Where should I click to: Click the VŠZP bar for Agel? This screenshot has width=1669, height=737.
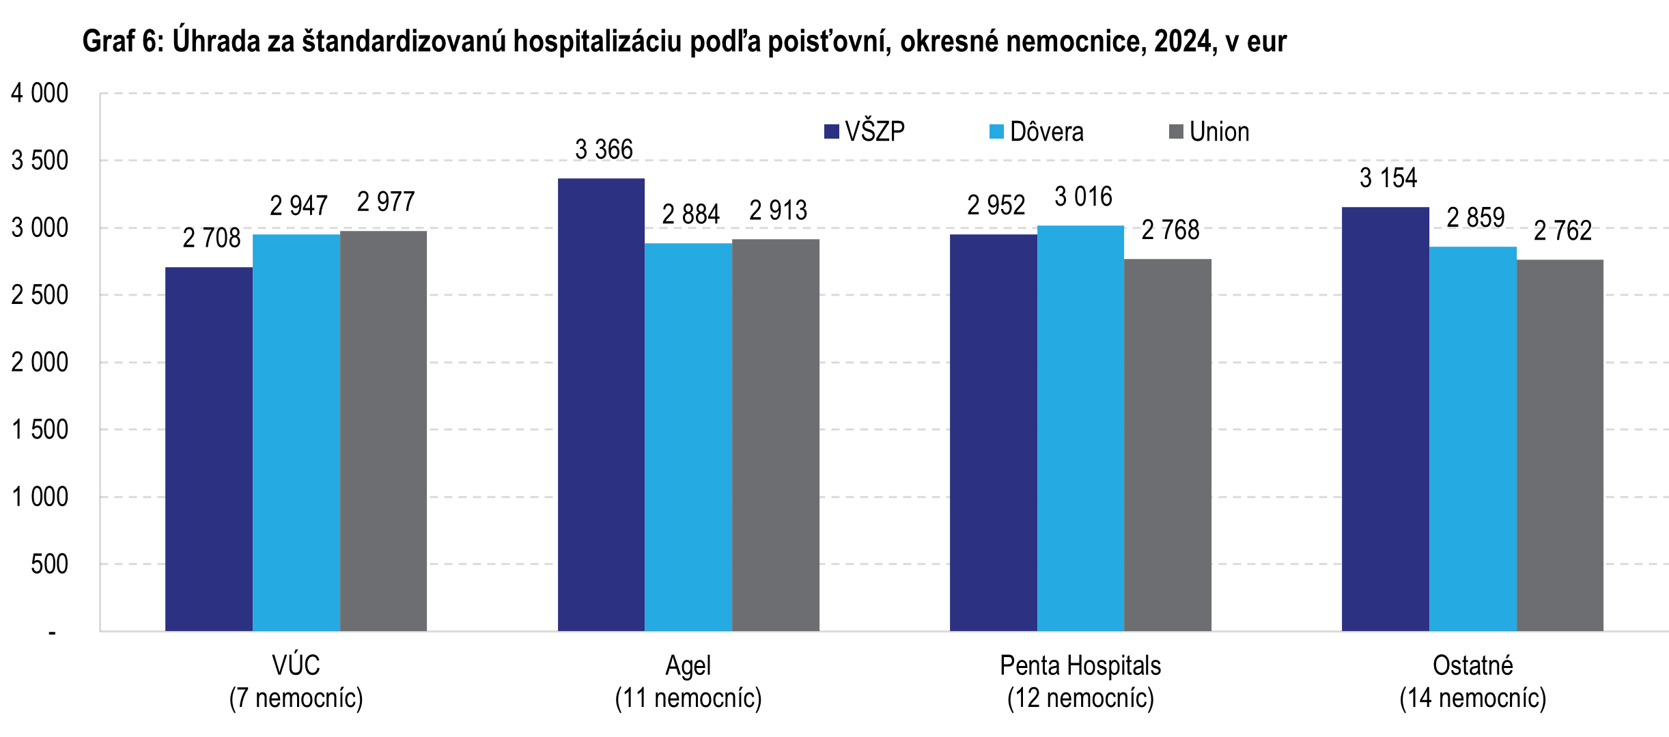point(601,404)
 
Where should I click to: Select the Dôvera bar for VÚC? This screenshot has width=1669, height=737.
point(296,432)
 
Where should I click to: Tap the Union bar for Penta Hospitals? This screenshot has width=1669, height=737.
point(1168,445)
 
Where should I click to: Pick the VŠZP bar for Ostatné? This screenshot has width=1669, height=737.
point(1385,419)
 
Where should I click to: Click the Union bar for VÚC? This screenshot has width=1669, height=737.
point(383,430)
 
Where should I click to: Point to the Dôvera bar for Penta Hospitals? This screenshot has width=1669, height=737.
point(1080,428)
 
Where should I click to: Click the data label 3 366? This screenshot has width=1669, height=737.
point(604,150)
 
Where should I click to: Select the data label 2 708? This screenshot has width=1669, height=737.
point(212,238)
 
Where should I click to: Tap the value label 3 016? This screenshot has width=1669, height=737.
point(1083,197)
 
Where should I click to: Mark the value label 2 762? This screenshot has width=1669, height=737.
point(1562,231)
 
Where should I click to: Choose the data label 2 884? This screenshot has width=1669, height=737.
point(690,214)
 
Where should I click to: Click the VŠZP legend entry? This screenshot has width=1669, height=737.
point(865,132)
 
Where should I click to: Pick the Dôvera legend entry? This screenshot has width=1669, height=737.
point(1037,132)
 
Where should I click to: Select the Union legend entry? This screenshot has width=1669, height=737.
point(1209,132)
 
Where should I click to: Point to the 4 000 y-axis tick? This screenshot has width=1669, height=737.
point(40,94)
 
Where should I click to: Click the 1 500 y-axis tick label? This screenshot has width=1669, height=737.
point(40,430)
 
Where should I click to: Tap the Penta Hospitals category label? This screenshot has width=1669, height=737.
point(1080,665)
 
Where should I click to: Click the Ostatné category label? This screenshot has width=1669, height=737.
point(1472,665)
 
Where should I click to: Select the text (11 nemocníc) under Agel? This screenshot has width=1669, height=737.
point(688,698)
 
